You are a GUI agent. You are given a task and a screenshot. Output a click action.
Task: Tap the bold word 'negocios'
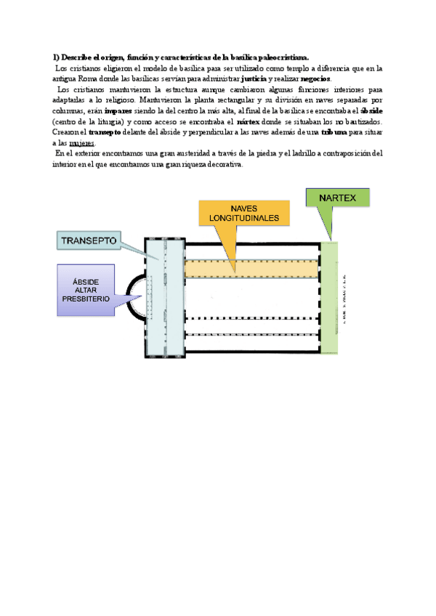coord(315,78)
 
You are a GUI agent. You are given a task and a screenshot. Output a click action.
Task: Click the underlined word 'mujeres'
coord(82,143)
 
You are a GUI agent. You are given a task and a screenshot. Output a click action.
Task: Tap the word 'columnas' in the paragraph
coord(69,110)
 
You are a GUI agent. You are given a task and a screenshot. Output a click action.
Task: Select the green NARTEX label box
coord(337,197)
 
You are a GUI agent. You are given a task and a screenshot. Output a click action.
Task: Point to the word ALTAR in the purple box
coord(86,289)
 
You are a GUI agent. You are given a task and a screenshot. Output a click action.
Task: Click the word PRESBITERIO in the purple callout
coord(86,299)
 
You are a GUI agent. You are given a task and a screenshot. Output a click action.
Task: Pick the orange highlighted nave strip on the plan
coord(251,268)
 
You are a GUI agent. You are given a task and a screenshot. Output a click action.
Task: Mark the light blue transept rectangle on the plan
coord(163,298)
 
